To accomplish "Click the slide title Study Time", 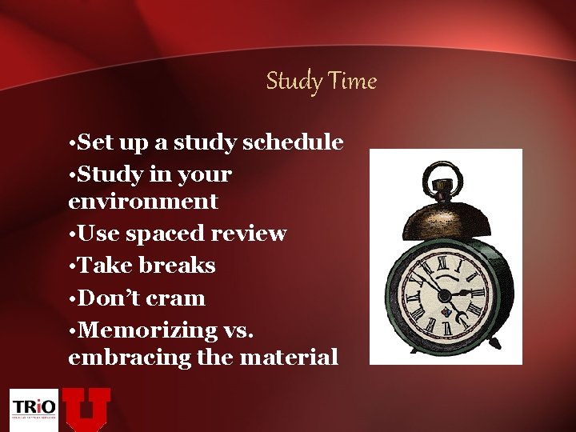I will click(x=321, y=81).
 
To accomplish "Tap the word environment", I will click(x=143, y=201).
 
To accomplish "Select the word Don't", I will click(x=108, y=298).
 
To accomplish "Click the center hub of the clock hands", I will click(x=444, y=294).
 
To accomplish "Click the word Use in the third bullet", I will click(x=97, y=234).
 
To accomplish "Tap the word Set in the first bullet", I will click(x=95, y=142).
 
